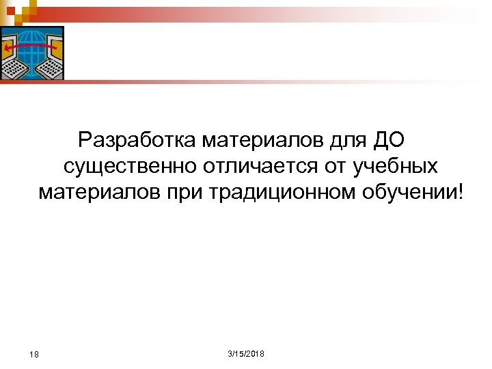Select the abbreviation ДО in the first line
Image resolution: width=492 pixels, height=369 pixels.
pyautogui.click(x=389, y=140)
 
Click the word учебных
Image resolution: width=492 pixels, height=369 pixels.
pyautogui.click(x=396, y=166)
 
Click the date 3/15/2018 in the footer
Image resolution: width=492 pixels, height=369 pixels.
pyautogui.click(x=245, y=353)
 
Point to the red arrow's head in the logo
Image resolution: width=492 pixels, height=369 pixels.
pyautogui.click(x=6, y=49)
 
